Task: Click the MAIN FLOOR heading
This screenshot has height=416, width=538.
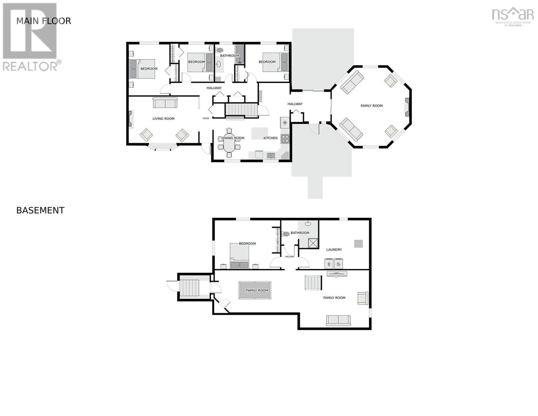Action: pyautogui.click(x=44, y=21)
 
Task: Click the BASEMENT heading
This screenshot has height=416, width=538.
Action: pyautogui.click(x=40, y=210)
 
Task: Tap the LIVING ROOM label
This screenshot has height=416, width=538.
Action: pyautogui.click(x=164, y=119)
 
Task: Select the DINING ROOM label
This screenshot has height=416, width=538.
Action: pyautogui.click(x=233, y=138)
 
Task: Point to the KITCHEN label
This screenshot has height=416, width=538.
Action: pyautogui.click(x=270, y=138)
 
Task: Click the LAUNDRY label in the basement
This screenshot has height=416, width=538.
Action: pyautogui.click(x=334, y=250)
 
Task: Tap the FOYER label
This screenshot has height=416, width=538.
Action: pyautogui.click(x=206, y=119)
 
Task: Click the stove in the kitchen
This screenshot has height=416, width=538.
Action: pyautogui.click(x=285, y=139)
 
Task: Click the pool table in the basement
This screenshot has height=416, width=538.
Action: pyautogui.click(x=255, y=290)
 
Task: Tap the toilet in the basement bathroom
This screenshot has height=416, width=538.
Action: pyautogui.click(x=285, y=234)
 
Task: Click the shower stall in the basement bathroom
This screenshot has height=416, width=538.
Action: pyautogui.click(x=313, y=243)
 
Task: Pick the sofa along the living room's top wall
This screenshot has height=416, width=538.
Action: pyautogui.click(x=165, y=103)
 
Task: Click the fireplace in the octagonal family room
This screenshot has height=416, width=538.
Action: pyautogui.click(x=407, y=107)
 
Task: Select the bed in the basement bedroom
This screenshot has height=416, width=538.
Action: pyautogui.click(x=239, y=256)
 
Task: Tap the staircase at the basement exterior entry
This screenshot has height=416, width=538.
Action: pyautogui.click(x=189, y=288)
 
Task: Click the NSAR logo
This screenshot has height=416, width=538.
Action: pyautogui.click(x=513, y=16)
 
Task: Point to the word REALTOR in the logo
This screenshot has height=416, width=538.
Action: pyautogui.click(x=30, y=66)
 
